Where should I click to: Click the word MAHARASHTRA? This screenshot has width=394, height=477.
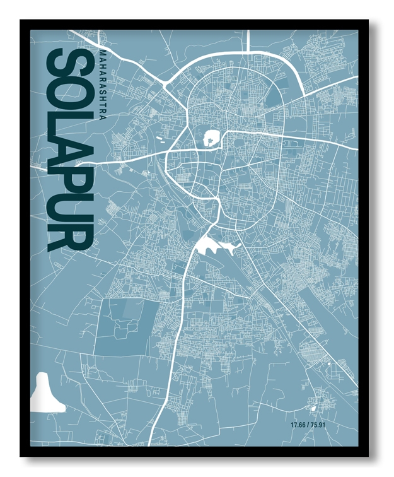point(103,78)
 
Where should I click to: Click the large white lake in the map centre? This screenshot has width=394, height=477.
point(211,244)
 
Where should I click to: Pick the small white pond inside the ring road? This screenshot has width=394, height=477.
point(211,136)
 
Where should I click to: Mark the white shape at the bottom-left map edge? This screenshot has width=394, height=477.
point(45,393)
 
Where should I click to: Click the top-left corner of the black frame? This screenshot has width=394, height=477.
point(21,21)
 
